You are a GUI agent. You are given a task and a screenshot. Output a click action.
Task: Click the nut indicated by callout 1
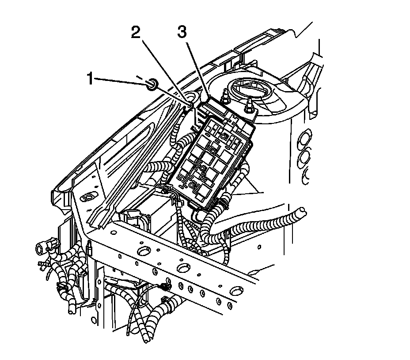point(152,84)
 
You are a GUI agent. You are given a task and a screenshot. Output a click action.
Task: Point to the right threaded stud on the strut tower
point(250,104)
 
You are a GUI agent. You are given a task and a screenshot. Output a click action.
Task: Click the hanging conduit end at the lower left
point(71,310)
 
